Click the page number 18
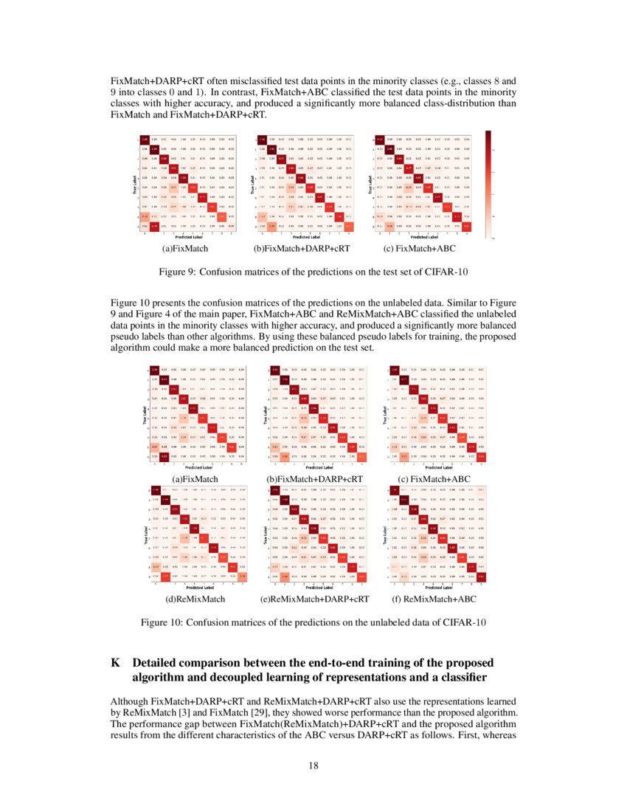click(313, 765)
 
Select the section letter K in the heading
click(115, 663)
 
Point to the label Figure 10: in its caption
click(164, 623)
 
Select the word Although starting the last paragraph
click(129, 701)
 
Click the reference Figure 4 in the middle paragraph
click(151, 314)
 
